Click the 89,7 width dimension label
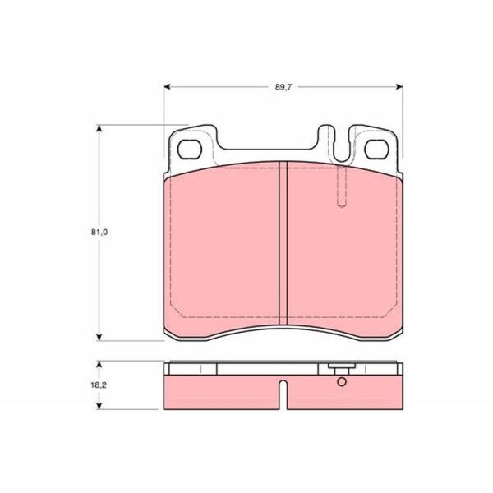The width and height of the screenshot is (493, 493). pos(283,87)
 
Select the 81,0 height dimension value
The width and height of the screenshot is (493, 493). pos(99,232)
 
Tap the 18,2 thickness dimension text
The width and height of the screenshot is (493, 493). pos(99,385)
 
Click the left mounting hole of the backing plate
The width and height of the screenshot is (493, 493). pos(189,150)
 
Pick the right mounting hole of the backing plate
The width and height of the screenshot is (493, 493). pos(376,150)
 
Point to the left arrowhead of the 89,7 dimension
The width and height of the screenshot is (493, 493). pos(167,87)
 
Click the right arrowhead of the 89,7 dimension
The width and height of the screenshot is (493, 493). pos(399,87)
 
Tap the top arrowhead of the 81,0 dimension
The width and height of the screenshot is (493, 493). pos(99,128)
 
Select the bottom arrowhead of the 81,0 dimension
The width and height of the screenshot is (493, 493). pos(99,338)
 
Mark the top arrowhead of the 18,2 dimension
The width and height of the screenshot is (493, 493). pos(99,364)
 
